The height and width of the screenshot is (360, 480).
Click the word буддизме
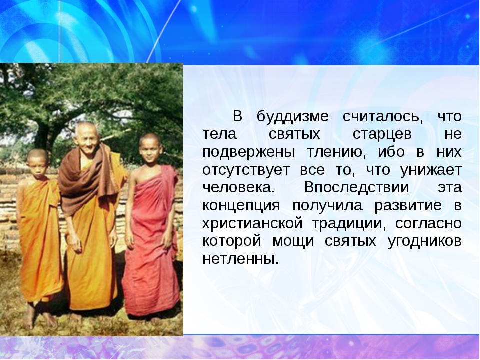click(x=292, y=117)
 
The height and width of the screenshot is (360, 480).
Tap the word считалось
click(x=383, y=117)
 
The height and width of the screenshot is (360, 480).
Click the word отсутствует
click(x=246, y=170)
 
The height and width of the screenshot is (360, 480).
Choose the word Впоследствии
click(x=356, y=187)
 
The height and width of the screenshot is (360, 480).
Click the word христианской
click(x=252, y=224)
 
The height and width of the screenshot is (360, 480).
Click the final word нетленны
click(x=241, y=259)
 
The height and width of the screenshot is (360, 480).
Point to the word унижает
click(x=431, y=170)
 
